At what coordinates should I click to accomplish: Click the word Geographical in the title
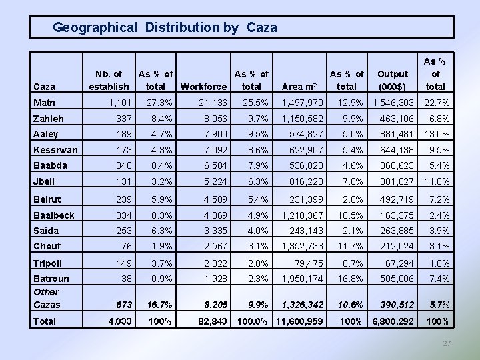(x=95, y=27)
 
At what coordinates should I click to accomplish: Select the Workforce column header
(x=203, y=87)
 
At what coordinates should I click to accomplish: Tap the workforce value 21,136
(x=212, y=103)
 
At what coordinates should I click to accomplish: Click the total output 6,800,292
(x=393, y=322)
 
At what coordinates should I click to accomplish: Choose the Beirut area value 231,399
(x=307, y=199)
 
